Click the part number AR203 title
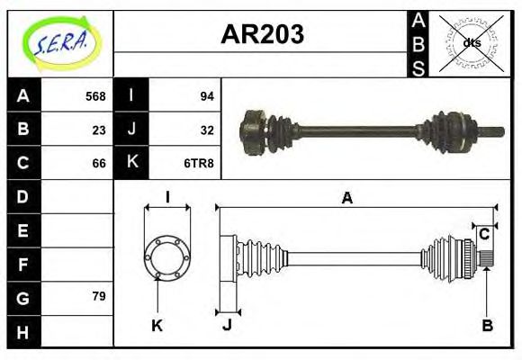point(262,34)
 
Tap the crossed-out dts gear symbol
point(471,42)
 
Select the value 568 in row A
point(95,96)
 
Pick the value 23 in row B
point(99,130)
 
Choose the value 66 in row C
point(99,163)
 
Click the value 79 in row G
point(99,296)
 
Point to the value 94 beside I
point(205,96)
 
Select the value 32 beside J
point(205,130)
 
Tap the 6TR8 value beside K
point(199,163)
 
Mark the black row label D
point(23,196)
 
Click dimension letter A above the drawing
point(346,199)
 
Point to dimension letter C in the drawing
point(484,234)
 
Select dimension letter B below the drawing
point(487,325)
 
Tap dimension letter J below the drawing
point(227,325)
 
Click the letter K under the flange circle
point(157,325)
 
